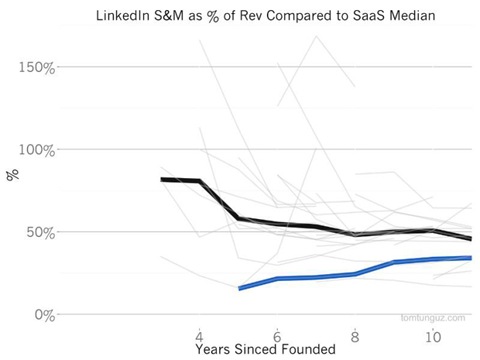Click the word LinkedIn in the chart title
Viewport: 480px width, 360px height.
123,15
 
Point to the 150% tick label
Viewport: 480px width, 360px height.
37,67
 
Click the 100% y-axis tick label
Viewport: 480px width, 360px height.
37,149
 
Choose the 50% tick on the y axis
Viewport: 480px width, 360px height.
41,232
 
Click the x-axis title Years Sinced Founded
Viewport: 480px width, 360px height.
265,350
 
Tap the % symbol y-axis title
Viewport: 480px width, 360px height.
12,175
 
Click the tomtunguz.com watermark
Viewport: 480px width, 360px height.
433,317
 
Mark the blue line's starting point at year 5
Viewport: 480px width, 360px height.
239,289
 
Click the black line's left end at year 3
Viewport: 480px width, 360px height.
161,180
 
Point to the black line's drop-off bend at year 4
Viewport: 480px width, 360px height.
201,181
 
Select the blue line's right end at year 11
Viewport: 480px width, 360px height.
471,258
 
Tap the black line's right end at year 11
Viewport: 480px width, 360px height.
471,239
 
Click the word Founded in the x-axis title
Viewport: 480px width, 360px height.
308,350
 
